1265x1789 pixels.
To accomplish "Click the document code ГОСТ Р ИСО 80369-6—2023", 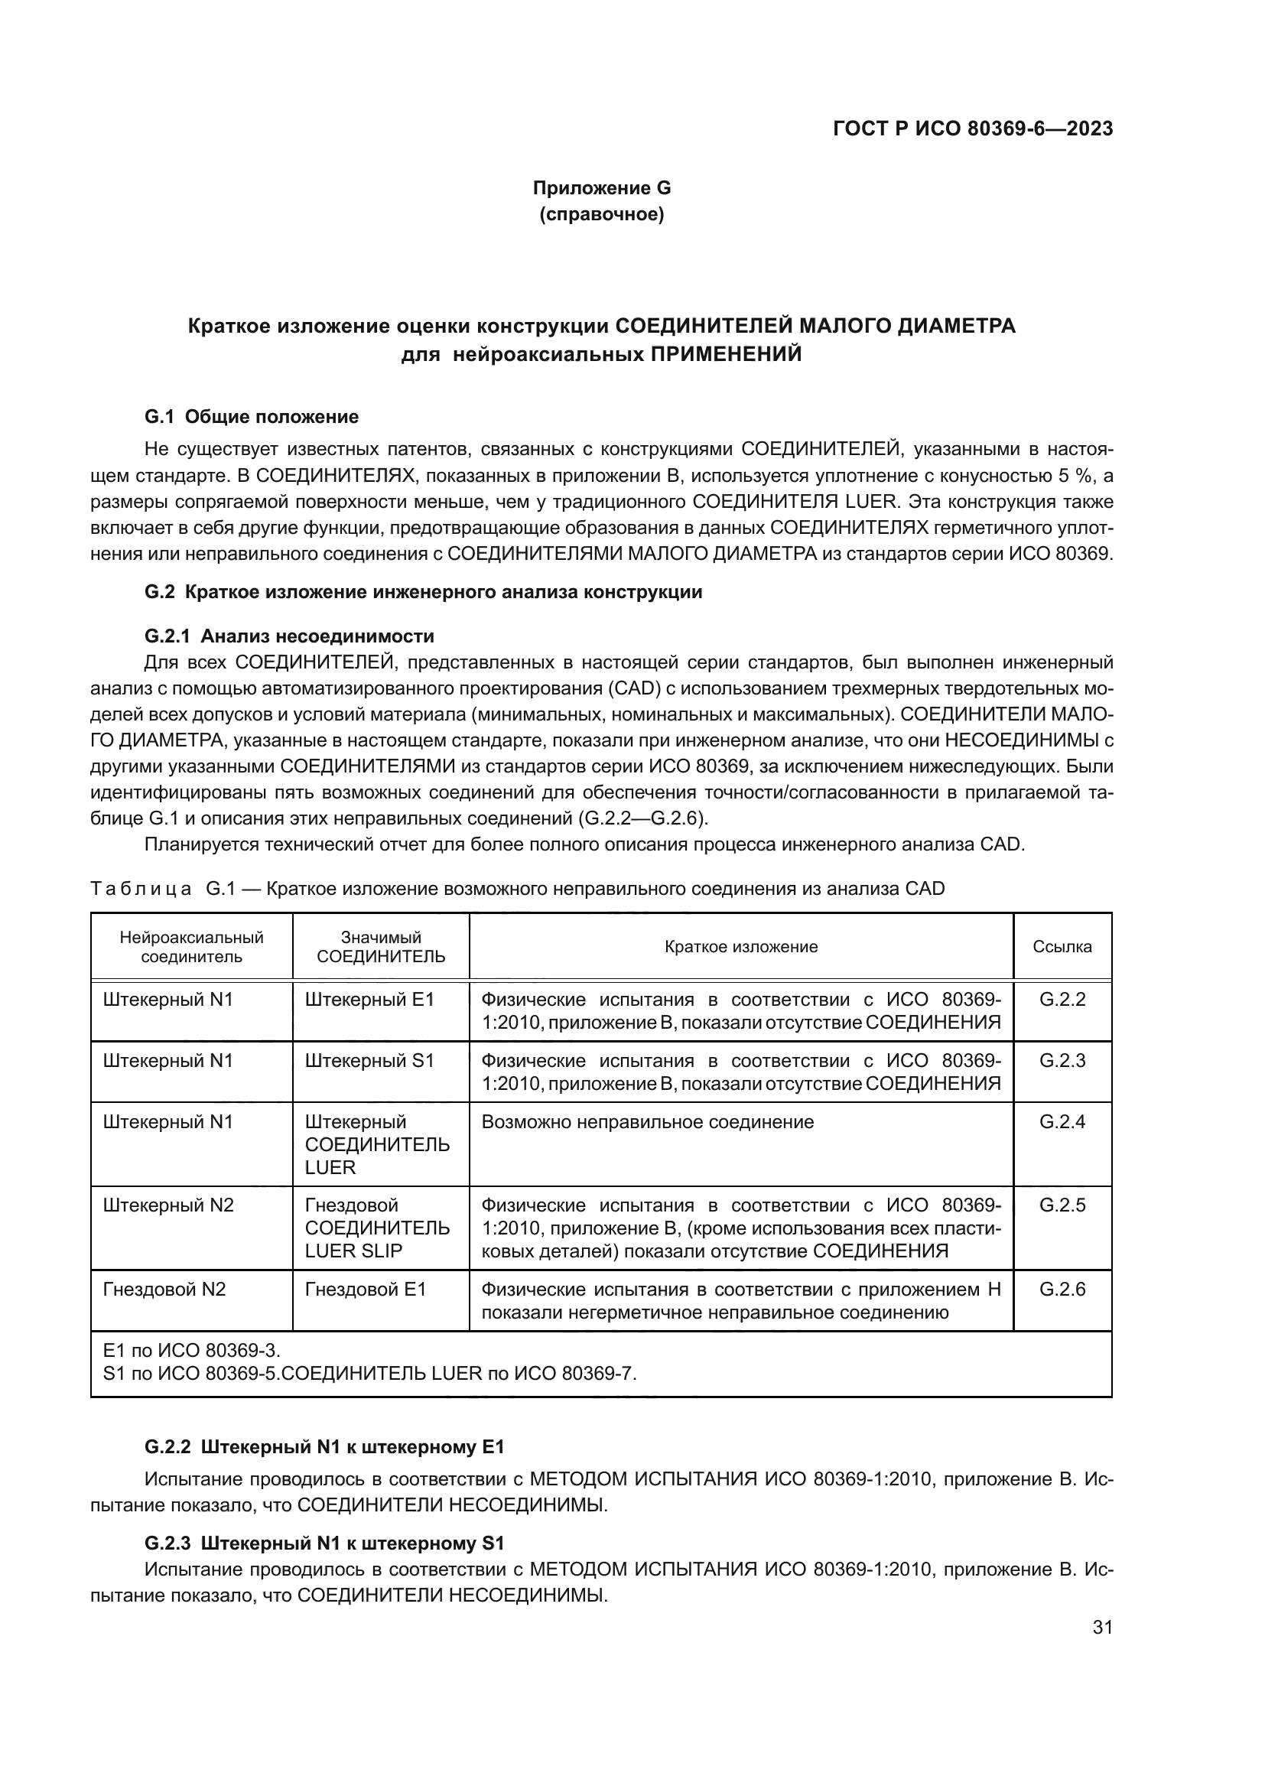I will coord(972,129).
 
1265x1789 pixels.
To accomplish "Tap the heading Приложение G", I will coord(601,188).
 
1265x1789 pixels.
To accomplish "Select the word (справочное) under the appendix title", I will coord(601,214).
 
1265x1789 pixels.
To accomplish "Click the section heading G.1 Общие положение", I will coord(252,417).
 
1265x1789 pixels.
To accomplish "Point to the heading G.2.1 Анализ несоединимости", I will coord(289,636).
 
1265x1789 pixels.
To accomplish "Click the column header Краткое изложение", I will coord(741,947).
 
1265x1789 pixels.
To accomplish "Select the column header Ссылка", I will coord(1062,947).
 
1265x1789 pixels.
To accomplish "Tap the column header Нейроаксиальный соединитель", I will coord(192,947).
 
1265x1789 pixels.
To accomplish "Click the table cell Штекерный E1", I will coord(369,1000).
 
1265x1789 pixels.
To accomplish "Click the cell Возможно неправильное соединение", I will coord(647,1122).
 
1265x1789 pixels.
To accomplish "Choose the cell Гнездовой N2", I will coord(164,1290).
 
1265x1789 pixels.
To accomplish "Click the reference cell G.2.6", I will coord(1062,1290).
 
